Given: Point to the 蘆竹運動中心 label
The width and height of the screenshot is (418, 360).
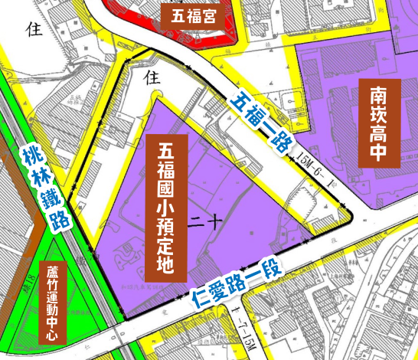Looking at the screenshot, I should click(x=52, y=303).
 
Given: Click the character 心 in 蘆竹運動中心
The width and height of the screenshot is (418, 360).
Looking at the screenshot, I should click(x=52, y=335).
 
